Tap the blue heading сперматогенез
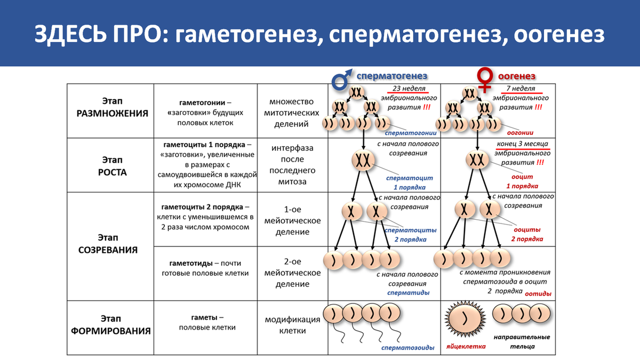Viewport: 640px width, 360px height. [393, 76]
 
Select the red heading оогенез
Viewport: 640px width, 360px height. [517, 76]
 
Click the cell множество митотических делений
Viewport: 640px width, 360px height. [292, 112]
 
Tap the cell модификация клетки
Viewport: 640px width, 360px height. [292, 325]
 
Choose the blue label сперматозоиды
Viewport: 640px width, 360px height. [407, 348]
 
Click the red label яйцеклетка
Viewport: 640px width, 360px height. [466, 346]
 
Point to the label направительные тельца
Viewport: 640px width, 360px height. [521, 341]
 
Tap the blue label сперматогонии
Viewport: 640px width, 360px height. [411, 133]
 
